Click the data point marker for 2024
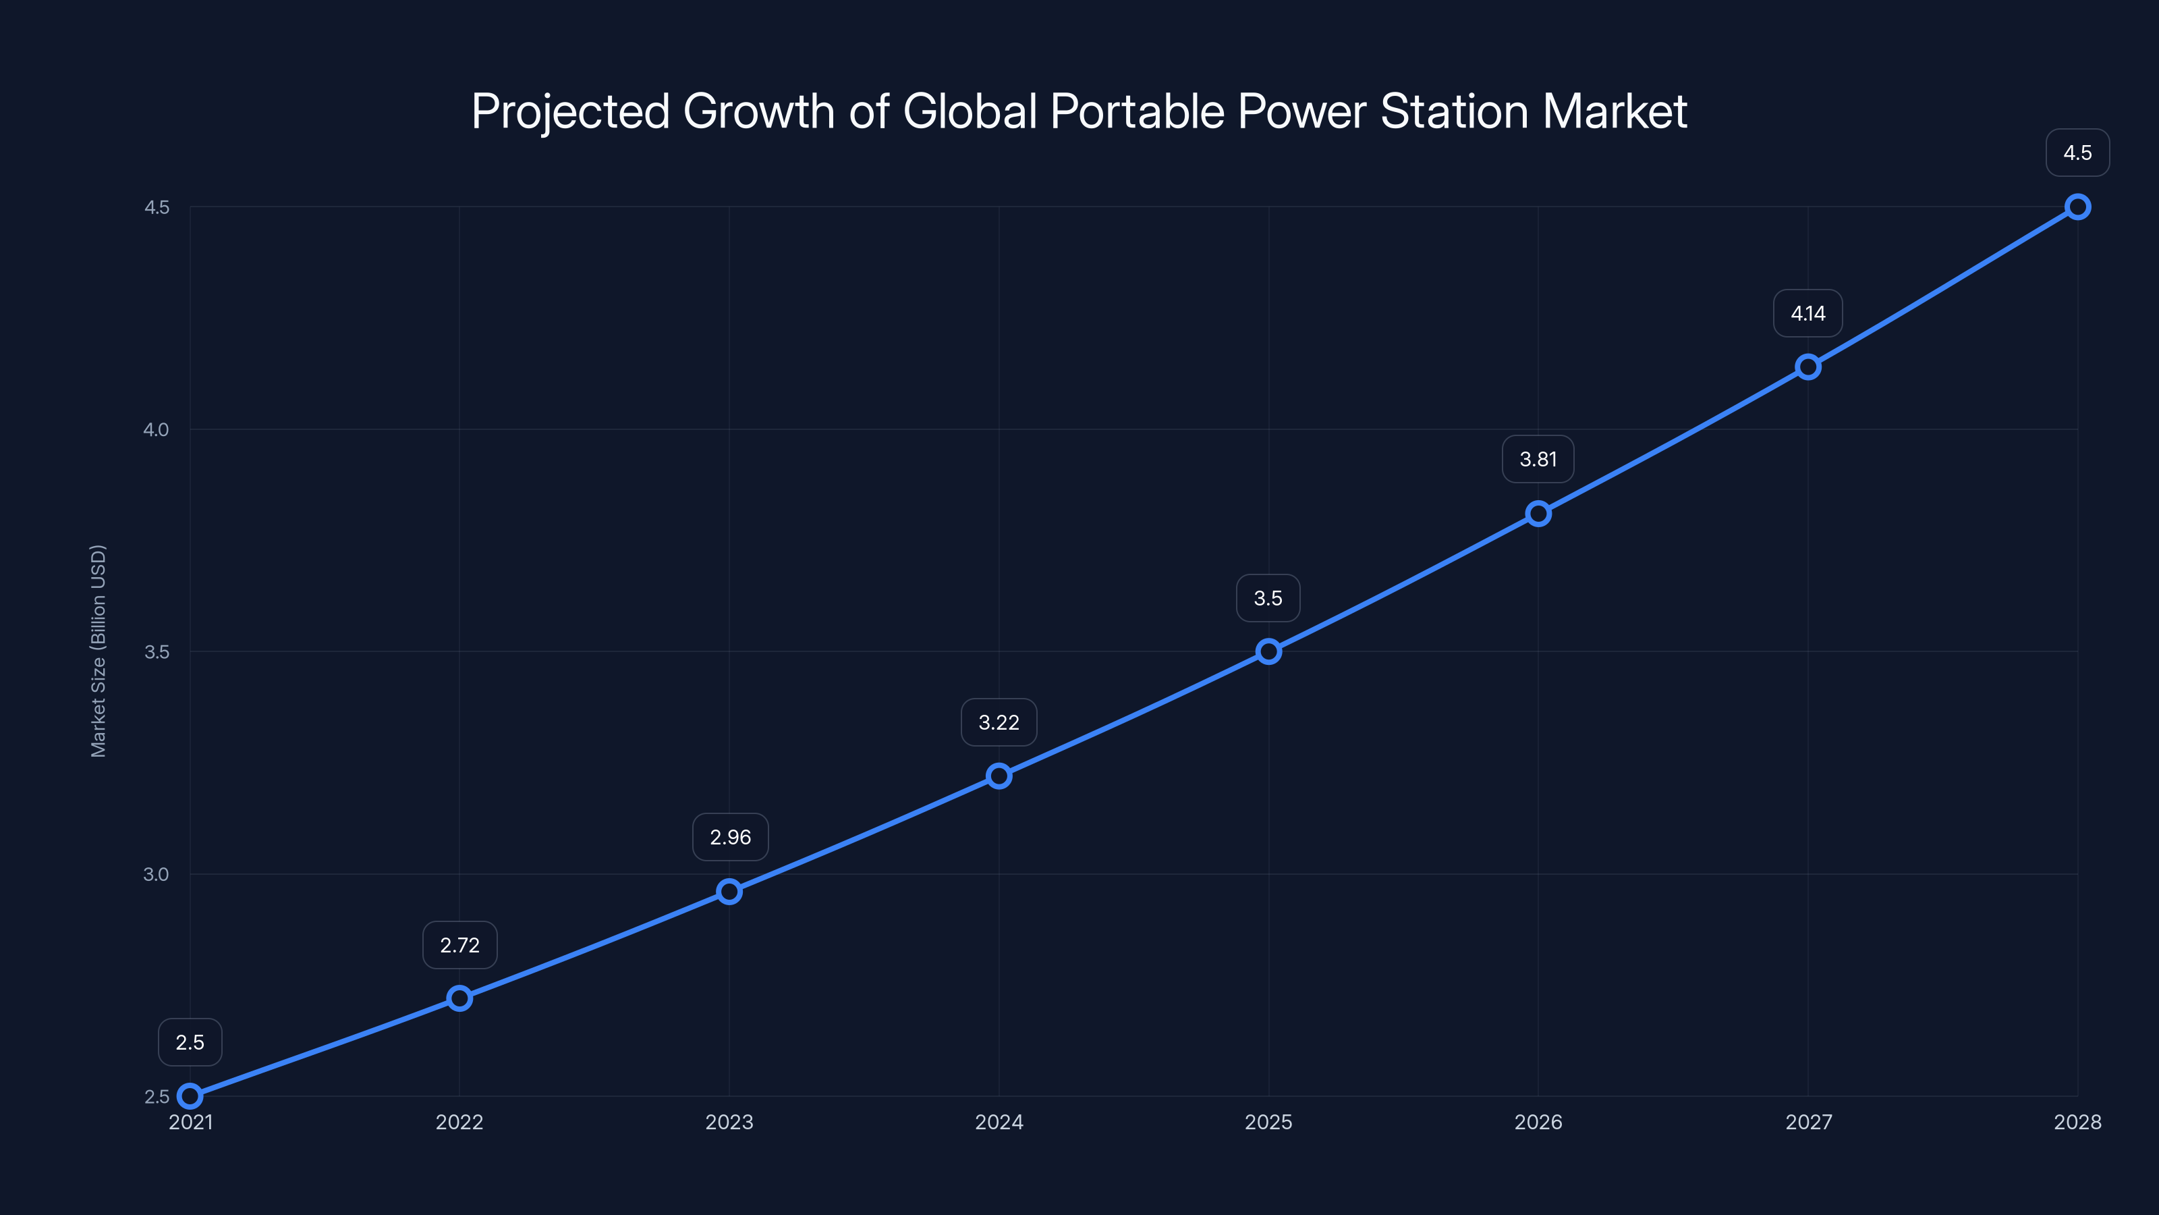click(x=999, y=776)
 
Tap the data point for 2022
click(x=459, y=998)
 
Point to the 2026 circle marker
click(x=1538, y=513)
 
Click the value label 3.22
click(x=999, y=722)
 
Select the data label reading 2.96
click(x=730, y=837)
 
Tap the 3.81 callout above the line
click(x=1538, y=460)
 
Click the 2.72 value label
click(x=459, y=945)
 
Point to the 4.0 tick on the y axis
click(x=156, y=429)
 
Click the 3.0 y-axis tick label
click(x=156, y=873)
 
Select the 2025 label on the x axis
click(x=1268, y=1122)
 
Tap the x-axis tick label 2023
click(x=729, y=1122)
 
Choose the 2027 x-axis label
click(x=1808, y=1122)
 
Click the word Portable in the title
click(x=1138, y=111)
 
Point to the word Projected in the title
click(x=571, y=111)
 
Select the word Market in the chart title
click(x=1615, y=111)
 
